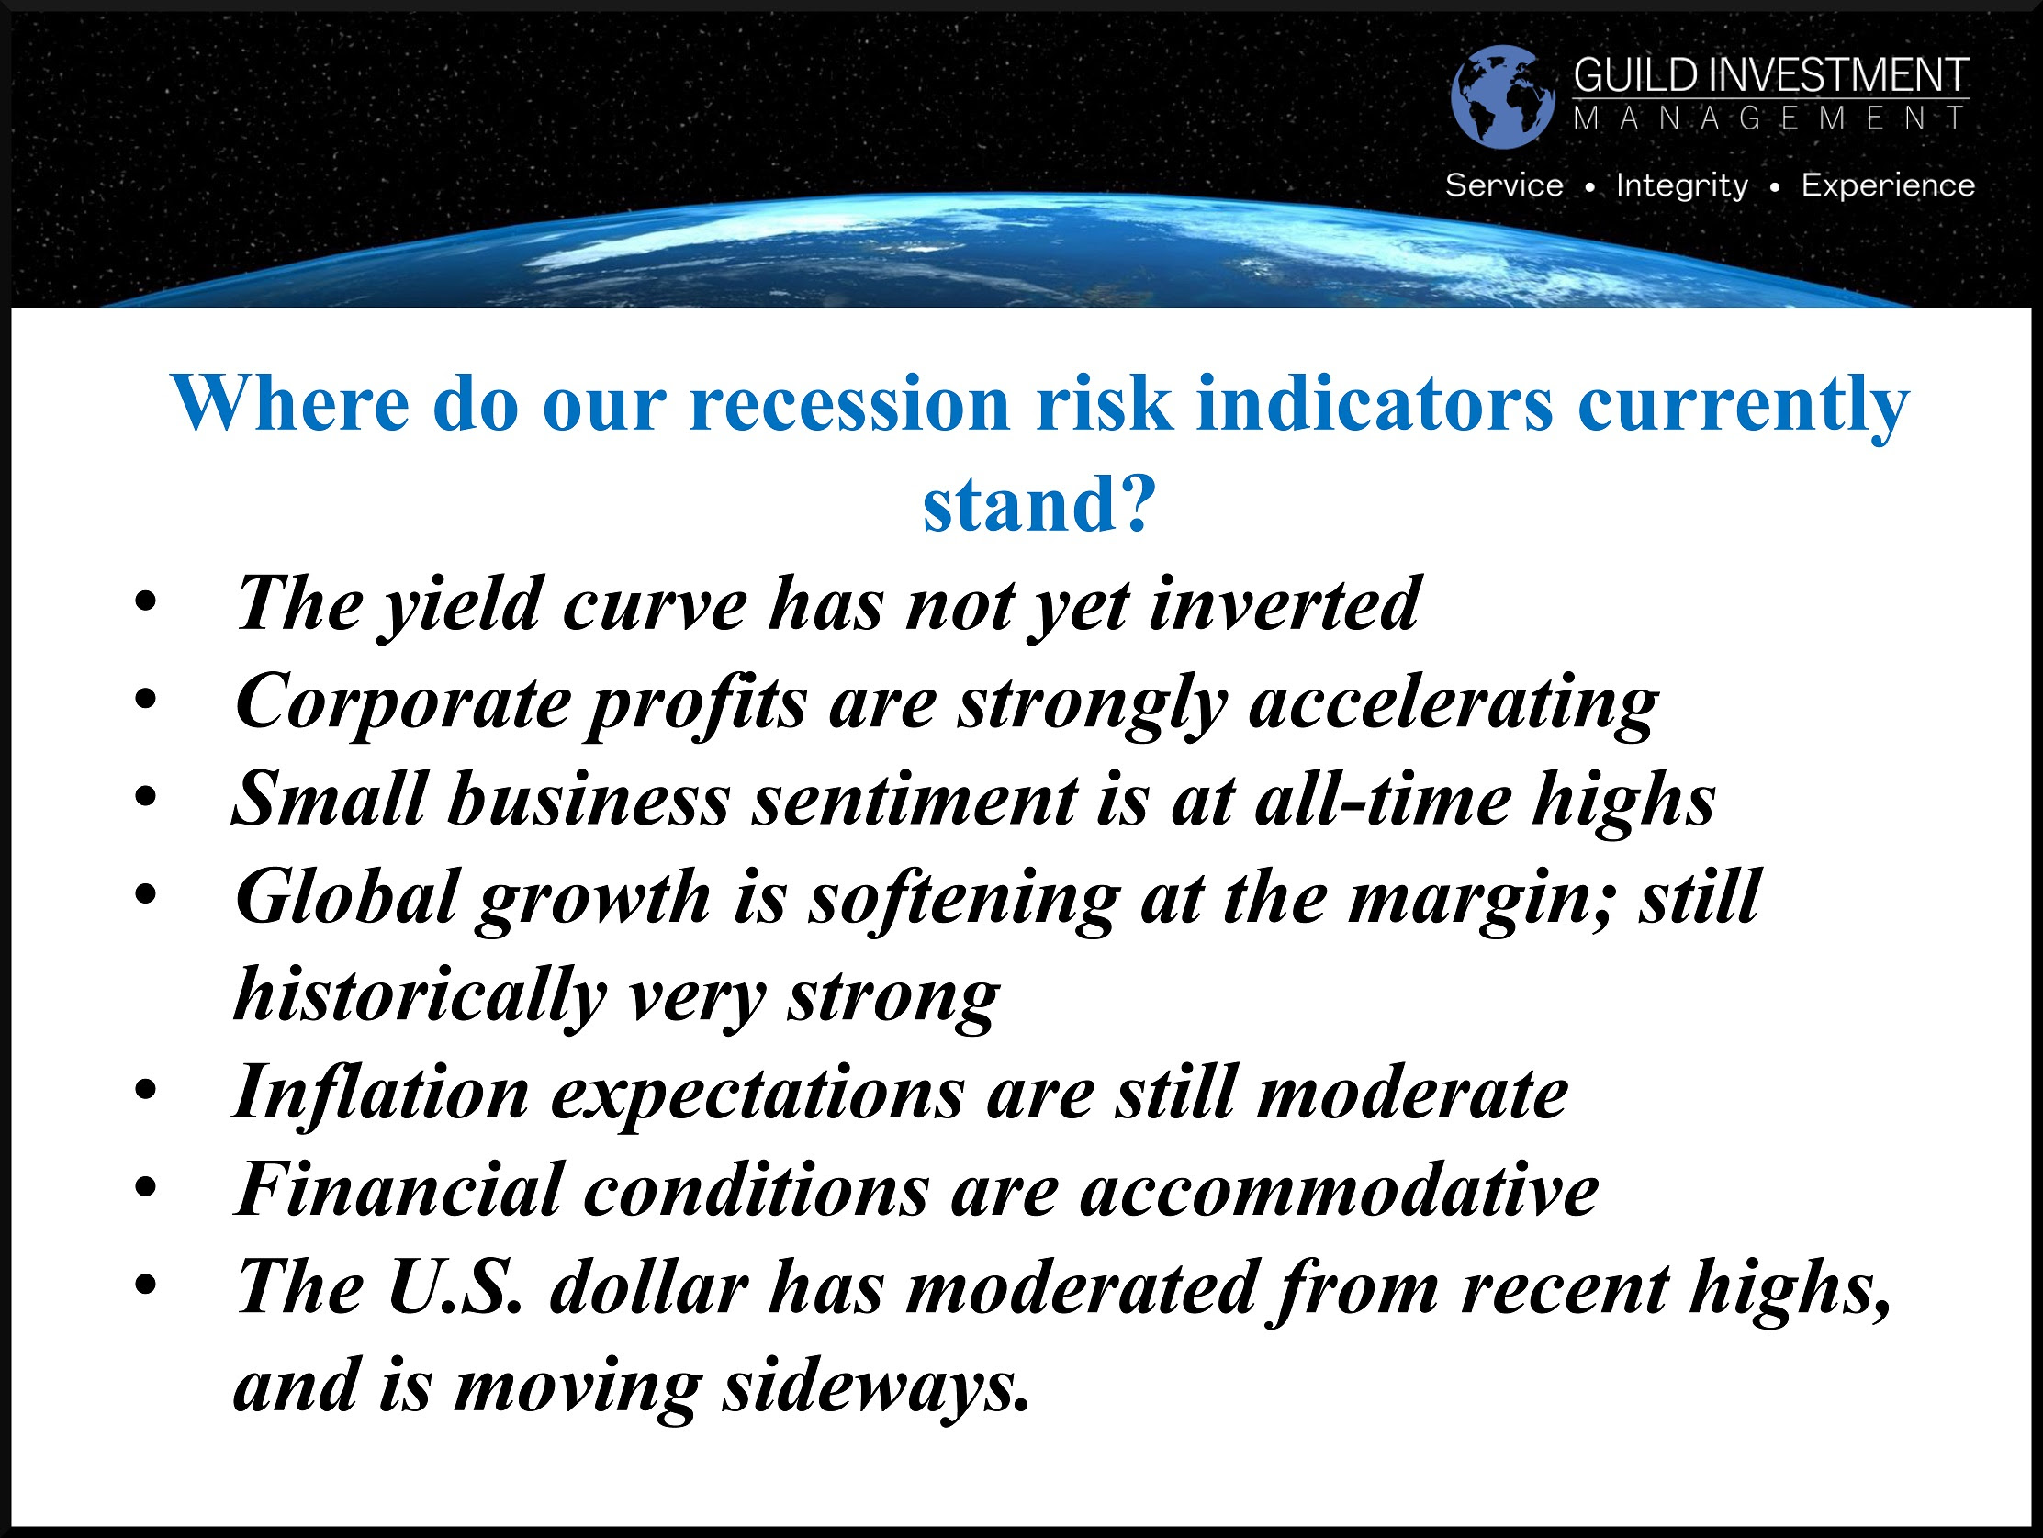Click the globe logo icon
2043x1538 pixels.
(x=1503, y=96)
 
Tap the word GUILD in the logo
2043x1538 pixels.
(x=1635, y=74)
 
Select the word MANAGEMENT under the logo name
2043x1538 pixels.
(x=1770, y=118)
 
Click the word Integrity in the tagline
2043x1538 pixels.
(x=1682, y=185)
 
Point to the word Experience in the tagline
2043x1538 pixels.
(x=1888, y=185)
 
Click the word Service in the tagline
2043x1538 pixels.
(x=1504, y=185)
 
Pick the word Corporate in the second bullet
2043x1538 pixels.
(x=403, y=703)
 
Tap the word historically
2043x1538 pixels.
(x=421, y=995)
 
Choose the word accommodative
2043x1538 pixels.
(x=1340, y=1190)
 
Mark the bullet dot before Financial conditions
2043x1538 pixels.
(x=145, y=1187)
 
